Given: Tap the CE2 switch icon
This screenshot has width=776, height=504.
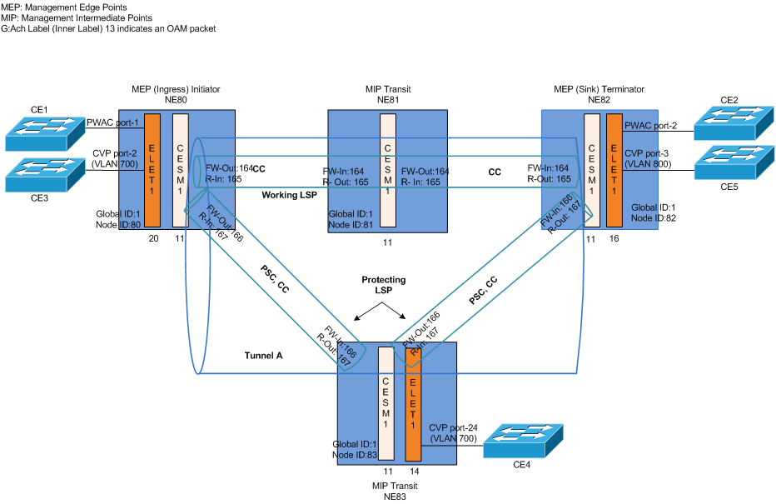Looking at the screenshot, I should pyautogui.click(x=733, y=124).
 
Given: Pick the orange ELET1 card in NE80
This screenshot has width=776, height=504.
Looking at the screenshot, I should pyautogui.click(x=152, y=169).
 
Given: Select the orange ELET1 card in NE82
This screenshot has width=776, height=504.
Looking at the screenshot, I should pyautogui.click(x=614, y=168).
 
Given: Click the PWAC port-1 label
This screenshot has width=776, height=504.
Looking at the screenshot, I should pyautogui.click(x=115, y=121).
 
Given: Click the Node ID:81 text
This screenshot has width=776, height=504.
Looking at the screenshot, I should pyautogui.click(x=351, y=224).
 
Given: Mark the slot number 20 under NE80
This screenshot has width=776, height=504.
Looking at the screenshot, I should pyautogui.click(x=153, y=238).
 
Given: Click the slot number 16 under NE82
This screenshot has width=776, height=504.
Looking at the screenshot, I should pyautogui.click(x=614, y=238).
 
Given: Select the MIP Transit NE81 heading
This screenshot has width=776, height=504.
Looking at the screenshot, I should pyautogui.click(x=388, y=94).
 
